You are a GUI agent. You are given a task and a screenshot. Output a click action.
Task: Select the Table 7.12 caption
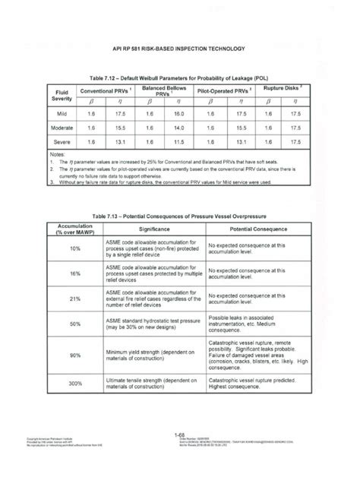pos(180,77)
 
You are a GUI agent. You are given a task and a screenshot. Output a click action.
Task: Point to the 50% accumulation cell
pos(74,324)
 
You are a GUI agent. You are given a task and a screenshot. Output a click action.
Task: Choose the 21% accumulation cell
pos(74,299)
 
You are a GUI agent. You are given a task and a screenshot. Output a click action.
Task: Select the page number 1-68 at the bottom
pos(180,454)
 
